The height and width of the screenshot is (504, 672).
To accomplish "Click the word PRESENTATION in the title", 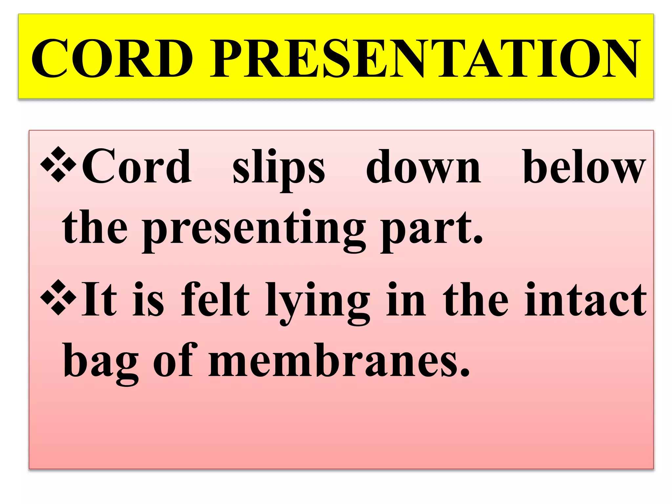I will pos(425,58).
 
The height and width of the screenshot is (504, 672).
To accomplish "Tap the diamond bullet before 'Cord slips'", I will pos(58,164).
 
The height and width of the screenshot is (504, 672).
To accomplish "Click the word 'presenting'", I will pos(254,230).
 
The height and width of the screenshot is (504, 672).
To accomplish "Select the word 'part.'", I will pos(431,230).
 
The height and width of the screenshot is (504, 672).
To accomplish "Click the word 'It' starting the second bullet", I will pos(99,299).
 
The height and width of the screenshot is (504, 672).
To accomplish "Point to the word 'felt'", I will pos(215,299).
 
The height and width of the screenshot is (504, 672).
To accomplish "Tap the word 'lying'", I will pos(318,302).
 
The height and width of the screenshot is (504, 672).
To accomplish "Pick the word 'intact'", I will pos(585,299).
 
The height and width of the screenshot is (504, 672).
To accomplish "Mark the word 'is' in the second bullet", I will pos(148,299).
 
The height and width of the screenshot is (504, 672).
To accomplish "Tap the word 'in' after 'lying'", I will pos(406,299).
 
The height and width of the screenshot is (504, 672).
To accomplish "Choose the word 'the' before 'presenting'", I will pos(95,228).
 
